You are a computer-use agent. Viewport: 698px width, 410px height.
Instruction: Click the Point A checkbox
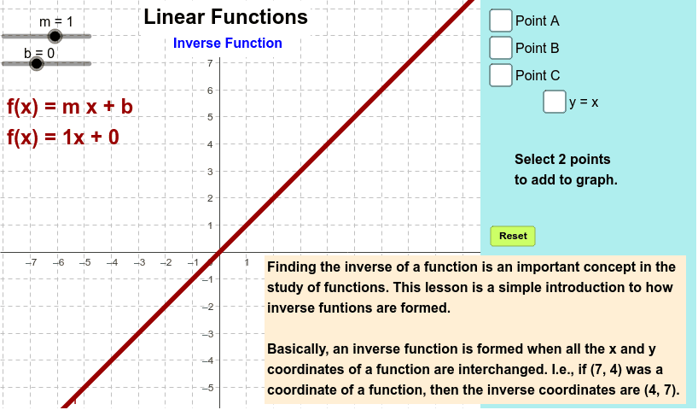pos(500,20)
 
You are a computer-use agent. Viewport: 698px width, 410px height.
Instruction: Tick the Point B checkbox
pos(500,48)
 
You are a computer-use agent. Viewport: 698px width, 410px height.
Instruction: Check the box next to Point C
pos(500,75)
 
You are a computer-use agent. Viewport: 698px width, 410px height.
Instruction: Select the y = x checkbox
pos(554,102)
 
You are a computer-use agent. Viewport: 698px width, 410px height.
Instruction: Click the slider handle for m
pos(55,36)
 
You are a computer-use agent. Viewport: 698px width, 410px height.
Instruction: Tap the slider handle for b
pos(37,64)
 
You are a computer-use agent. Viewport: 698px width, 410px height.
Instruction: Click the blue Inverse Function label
pos(228,43)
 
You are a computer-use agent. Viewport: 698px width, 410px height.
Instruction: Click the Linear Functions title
pos(225,17)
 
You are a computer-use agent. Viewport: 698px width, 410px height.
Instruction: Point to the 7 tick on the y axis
pos(210,63)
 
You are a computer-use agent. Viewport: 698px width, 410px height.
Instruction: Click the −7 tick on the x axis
pos(32,262)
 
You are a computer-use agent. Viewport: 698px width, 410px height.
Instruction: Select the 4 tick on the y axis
pos(210,144)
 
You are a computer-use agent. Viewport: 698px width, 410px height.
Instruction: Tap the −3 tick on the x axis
pos(139,262)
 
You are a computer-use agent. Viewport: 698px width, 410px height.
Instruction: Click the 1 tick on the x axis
pos(247,262)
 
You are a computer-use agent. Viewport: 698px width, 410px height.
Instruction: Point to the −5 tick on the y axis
pos(207,388)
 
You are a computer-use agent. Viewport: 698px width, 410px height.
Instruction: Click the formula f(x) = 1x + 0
pos(63,137)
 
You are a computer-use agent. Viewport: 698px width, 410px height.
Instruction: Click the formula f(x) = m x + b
pos(70,107)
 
